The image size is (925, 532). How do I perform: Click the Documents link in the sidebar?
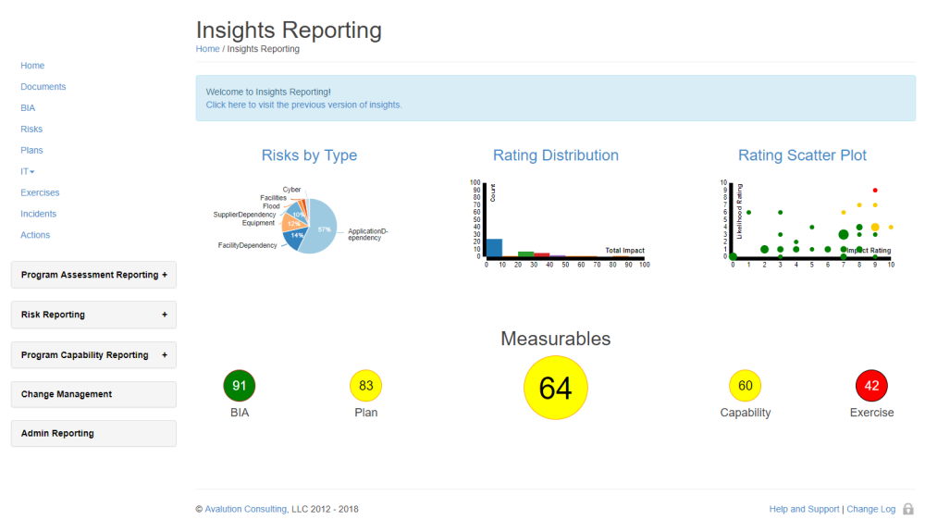click(43, 87)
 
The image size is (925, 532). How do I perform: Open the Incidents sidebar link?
click(39, 214)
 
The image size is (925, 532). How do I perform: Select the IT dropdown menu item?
click(28, 171)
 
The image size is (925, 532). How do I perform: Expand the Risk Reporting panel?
click(93, 315)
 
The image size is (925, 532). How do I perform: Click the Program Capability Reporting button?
click(93, 355)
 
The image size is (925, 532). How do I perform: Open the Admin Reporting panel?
click(93, 433)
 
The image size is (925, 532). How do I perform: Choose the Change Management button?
click(93, 394)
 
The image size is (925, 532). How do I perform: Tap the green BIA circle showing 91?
click(240, 386)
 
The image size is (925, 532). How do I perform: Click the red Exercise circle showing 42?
click(871, 386)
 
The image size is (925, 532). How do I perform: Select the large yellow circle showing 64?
click(555, 388)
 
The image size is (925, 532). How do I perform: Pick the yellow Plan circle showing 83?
click(366, 386)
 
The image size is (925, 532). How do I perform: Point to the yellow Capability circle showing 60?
click(745, 386)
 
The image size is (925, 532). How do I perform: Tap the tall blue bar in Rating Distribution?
click(494, 247)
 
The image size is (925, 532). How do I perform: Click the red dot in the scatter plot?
click(875, 190)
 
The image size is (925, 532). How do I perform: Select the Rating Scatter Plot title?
click(802, 155)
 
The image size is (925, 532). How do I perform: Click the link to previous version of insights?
click(303, 105)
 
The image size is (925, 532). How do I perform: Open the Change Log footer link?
click(870, 509)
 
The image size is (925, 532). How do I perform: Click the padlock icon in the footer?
click(907, 509)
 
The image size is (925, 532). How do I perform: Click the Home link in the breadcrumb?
click(207, 49)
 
